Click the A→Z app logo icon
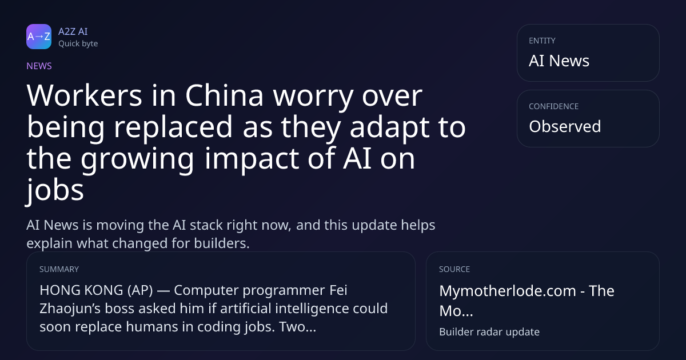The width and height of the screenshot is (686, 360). [x=39, y=37]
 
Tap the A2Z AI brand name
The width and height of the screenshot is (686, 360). [x=73, y=31]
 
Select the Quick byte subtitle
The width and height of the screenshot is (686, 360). [x=78, y=44]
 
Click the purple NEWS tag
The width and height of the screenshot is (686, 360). [x=39, y=66]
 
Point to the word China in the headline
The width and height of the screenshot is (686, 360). [x=224, y=96]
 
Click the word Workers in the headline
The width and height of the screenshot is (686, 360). [x=84, y=96]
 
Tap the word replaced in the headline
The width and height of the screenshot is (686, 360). [x=173, y=127]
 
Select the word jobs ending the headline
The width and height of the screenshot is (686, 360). [x=55, y=190]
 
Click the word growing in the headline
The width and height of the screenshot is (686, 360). [x=138, y=159]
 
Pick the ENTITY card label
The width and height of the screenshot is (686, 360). [x=542, y=41]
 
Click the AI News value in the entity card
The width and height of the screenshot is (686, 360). [x=559, y=61]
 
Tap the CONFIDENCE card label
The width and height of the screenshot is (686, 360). [x=554, y=106]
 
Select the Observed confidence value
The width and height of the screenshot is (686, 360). [x=565, y=126]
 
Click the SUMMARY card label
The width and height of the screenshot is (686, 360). [x=59, y=269]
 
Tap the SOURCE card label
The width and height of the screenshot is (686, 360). [x=454, y=269]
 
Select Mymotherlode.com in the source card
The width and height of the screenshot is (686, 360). [x=508, y=291]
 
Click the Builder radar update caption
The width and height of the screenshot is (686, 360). [x=489, y=332]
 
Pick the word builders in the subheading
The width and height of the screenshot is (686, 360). [x=222, y=243]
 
